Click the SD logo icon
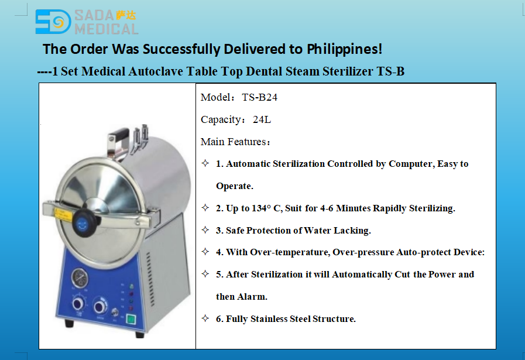(x=53, y=22)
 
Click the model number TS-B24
(x=259, y=97)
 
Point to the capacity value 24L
(x=262, y=119)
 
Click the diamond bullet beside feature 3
(x=205, y=230)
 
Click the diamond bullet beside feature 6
(x=205, y=318)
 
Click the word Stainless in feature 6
(x=269, y=319)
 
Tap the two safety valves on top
(x=140, y=134)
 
